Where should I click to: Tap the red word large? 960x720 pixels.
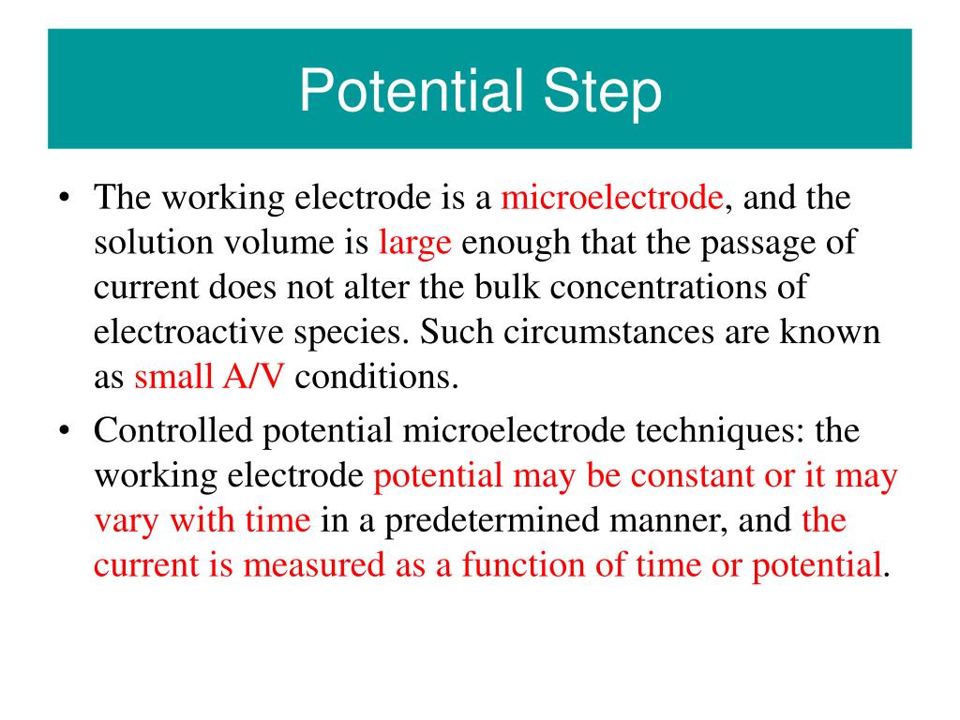tap(415, 243)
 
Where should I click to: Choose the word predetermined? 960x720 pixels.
tap(511, 522)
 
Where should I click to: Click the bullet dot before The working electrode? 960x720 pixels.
tap(64, 200)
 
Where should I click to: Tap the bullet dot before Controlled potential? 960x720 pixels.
tap(64, 432)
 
